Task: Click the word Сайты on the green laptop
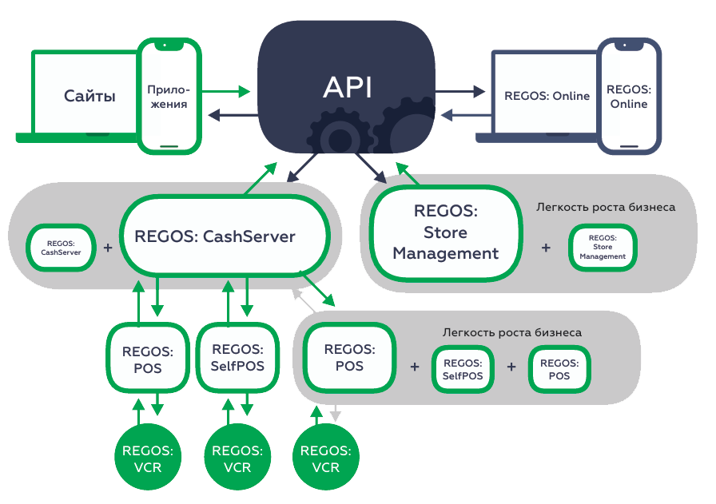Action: pos(89,97)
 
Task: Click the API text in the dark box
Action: pos(347,87)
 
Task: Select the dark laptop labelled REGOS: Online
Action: pos(547,96)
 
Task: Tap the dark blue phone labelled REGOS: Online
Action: pos(629,96)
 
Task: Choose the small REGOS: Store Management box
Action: pos(602,248)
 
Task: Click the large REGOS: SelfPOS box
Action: pos(237,358)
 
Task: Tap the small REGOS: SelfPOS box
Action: pos(463,370)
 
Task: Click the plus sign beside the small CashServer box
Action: pos(108,248)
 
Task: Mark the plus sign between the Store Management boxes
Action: pos(546,248)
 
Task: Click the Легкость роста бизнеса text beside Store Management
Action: pos(606,208)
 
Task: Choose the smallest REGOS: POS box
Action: pos(559,370)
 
